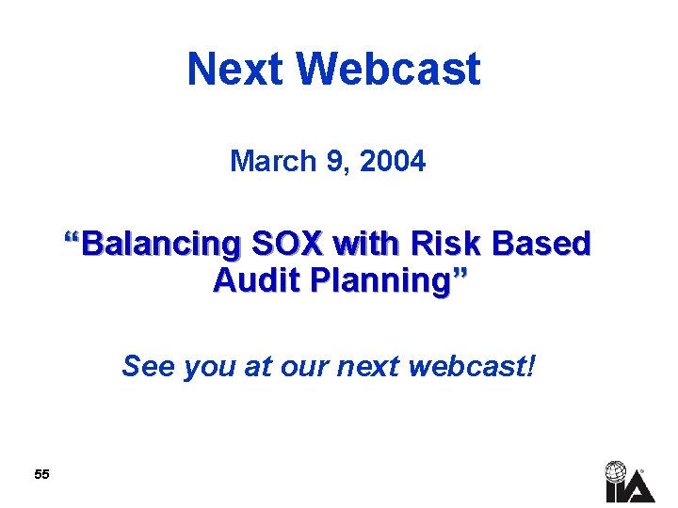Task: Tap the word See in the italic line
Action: click(149, 366)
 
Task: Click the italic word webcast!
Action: click(471, 366)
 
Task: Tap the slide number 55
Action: click(41, 475)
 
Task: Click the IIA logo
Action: click(629, 481)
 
